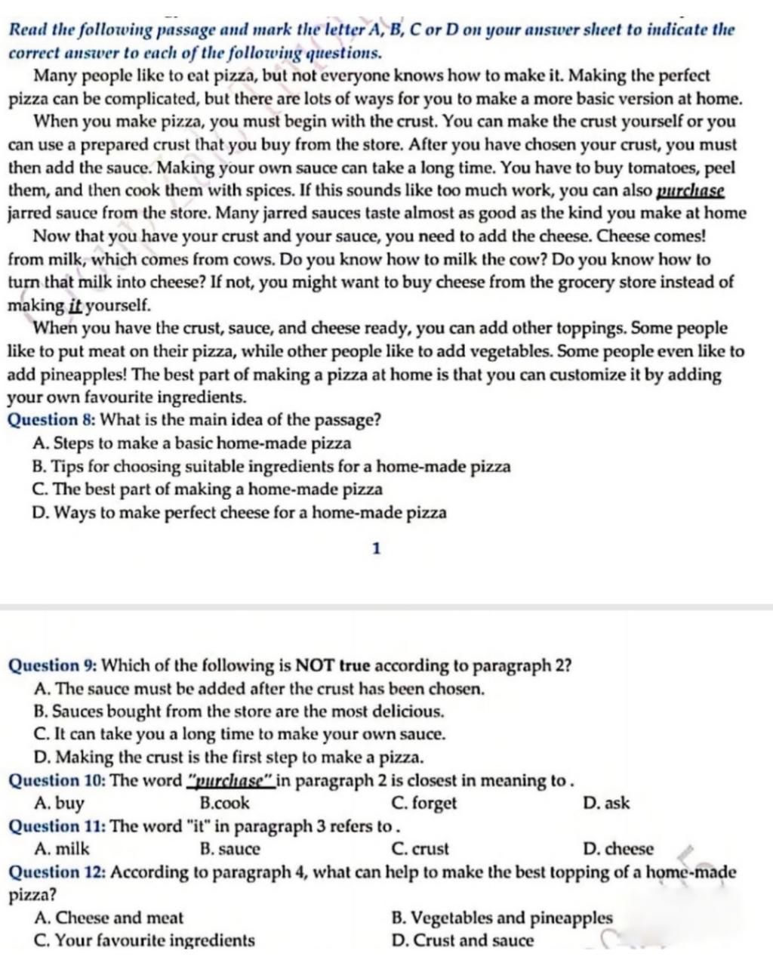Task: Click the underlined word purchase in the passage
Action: (691, 191)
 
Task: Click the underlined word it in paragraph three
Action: (75, 306)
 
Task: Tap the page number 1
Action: (377, 548)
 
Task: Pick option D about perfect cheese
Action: (240, 513)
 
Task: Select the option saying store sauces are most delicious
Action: (239, 711)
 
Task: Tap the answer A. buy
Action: (60, 803)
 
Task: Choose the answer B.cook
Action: (225, 803)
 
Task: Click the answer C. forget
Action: (424, 803)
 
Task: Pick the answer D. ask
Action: (606, 803)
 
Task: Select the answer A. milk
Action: (62, 849)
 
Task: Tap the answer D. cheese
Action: (618, 849)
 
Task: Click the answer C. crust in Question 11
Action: (420, 849)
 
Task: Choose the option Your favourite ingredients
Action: (145, 940)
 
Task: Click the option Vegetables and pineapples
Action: (502, 918)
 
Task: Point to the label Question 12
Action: (56, 872)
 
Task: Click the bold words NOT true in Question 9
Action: (332, 665)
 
